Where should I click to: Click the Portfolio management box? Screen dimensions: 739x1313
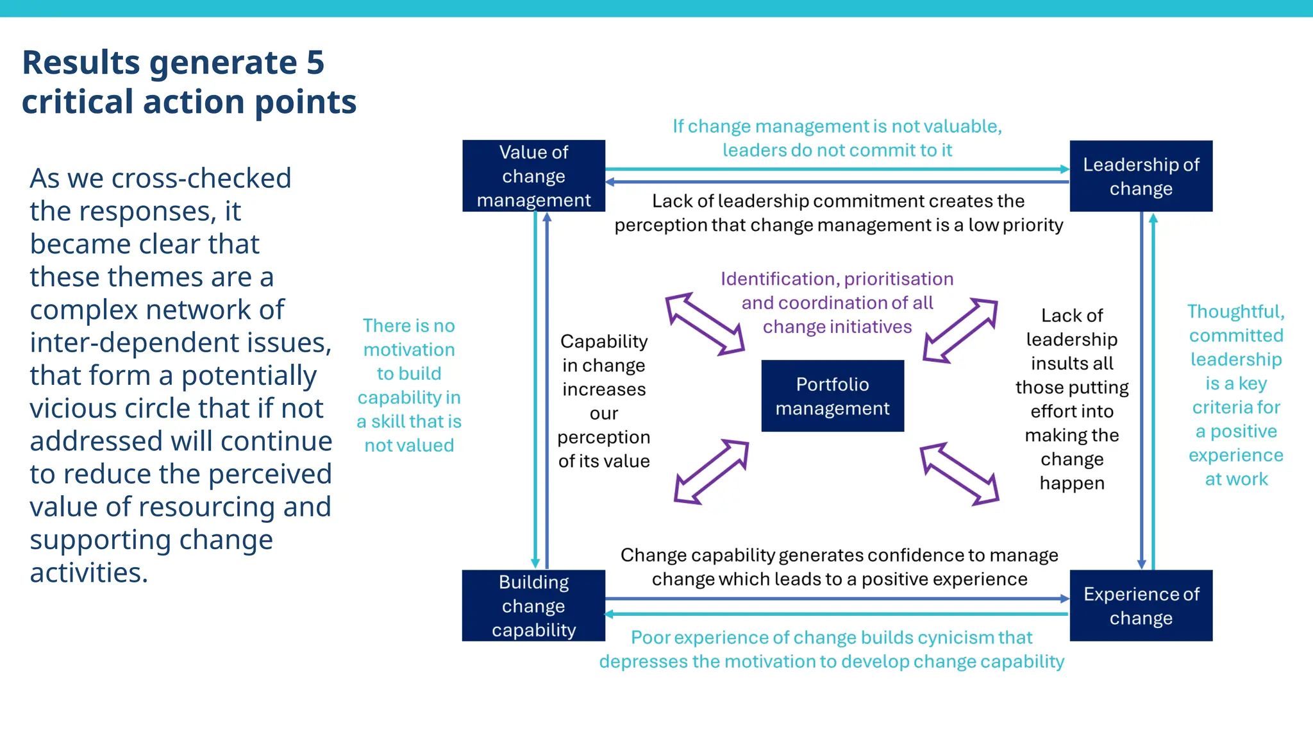click(832, 396)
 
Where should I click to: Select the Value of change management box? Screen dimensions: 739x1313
click(533, 176)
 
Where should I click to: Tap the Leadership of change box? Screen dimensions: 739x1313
click(1141, 176)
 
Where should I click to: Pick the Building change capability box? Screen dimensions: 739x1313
click(533, 606)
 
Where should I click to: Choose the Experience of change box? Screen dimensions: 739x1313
click(1141, 606)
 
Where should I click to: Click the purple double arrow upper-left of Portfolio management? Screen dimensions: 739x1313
click(705, 324)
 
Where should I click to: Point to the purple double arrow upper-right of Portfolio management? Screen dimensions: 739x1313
click(960, 330)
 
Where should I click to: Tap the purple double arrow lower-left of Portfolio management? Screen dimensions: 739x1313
click(712, 471)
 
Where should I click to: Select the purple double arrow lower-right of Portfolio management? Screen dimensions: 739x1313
click(959, 473)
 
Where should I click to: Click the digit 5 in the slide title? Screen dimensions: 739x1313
click(315, 63)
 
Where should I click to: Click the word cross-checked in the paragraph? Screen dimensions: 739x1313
click(201, 178)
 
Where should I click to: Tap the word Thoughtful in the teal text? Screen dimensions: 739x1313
click(1235, 312)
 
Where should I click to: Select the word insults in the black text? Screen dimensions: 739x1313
click(1072, 364)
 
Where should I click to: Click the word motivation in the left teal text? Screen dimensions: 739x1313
click(409, 350)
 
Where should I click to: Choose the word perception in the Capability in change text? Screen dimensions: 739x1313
click(604, 437)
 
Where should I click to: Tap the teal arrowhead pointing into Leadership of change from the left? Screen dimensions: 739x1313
click(1065, 169)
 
